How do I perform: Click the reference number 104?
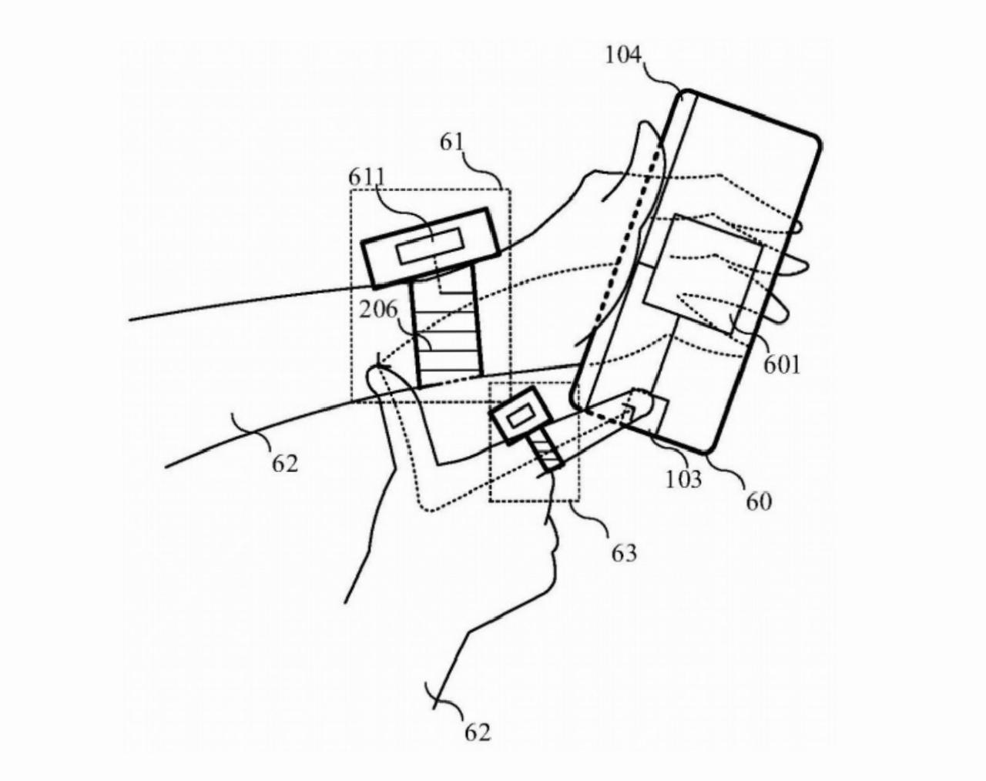pyautogui.click(x=623, y=56)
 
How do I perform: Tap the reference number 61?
pyautogui.click(x=452, y=143)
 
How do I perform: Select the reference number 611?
pyautogui.click(x=367, y=178)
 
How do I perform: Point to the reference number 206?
pyautogui.click(x=378, y=310)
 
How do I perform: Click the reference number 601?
pyautogui.click(x=781, y=366)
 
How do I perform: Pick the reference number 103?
pyautogui.click(x=683, y=479)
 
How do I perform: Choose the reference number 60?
pyautogui.click(x=760, y=502)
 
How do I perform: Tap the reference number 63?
pyautogui.click(x=624, y=553)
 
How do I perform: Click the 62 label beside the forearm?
pyautogui.click(x=285, y=464)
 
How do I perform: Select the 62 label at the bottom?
pyautogui.click(x=478, y=733)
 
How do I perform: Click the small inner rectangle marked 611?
pyautogui.click(x=431, y=246)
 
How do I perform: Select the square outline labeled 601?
pyautogui.click(x=704, y=275)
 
